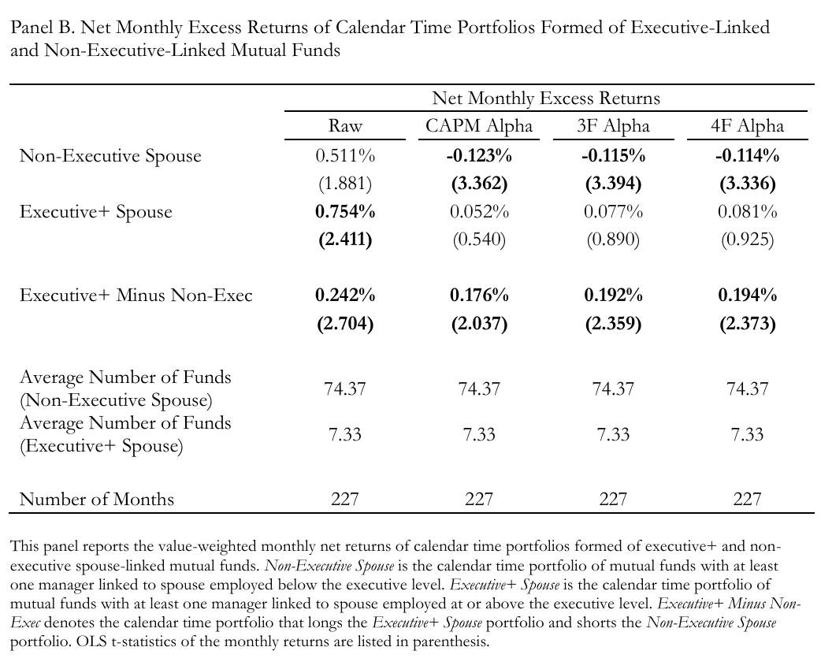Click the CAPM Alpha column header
point(479,127)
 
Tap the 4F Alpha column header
point(747,127)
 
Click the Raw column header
point(345,127)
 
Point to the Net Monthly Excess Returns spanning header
point(546,99)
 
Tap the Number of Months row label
point(97,499)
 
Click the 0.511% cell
point(345,156)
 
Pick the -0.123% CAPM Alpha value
point(479,156)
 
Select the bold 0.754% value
point(345,212)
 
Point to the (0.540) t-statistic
point(479,240)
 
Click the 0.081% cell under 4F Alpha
point(747,212)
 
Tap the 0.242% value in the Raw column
point(345,296)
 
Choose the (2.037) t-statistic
point(479,324)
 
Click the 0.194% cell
point(747,296)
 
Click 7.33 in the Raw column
point(345,435)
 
